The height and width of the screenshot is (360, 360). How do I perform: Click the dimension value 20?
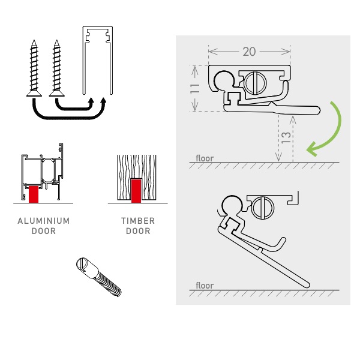coord(249,52)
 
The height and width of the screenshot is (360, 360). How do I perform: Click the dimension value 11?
coord(194,88)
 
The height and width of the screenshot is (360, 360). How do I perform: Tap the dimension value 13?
coord(286,137)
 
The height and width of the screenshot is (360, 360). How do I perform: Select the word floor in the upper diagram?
coord(205,158)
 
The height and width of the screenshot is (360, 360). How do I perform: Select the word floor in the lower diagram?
coord(205,286)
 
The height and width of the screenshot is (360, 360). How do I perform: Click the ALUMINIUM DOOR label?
coord(44,226)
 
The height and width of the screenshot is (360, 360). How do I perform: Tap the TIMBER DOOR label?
coord(138,226)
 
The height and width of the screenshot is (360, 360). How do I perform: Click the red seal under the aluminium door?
coord(34,194)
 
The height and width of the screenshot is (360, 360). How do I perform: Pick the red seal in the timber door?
coord(136,191)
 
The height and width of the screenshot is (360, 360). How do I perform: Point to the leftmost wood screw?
coord(34,68)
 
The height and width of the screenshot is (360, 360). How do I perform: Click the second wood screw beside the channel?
coord(57,68)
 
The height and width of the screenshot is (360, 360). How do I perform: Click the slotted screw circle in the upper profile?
coord(256,83)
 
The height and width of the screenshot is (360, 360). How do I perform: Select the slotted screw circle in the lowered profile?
coord(263,208)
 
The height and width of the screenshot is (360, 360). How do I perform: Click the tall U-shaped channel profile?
coord(98,60)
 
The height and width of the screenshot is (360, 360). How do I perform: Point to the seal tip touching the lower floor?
coord(307,285)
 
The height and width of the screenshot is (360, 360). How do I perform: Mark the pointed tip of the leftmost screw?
coord(34,40)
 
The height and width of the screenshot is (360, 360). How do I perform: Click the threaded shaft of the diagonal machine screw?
coord(108,284)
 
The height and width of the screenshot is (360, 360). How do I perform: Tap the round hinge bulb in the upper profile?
coord(224,81)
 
